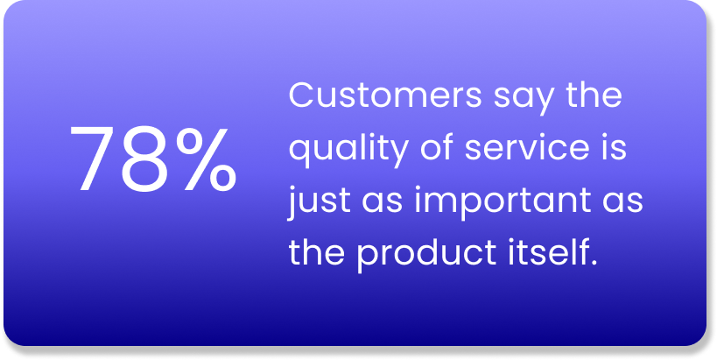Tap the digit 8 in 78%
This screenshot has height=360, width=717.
tap(145, 159)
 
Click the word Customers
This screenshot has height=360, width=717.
tap(385, 95)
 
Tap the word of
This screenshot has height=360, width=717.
tap(438, 146)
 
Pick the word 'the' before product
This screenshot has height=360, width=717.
tap(316, 251)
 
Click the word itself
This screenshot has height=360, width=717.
tap(545, 251)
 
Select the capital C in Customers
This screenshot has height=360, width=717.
tap(302, 95)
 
